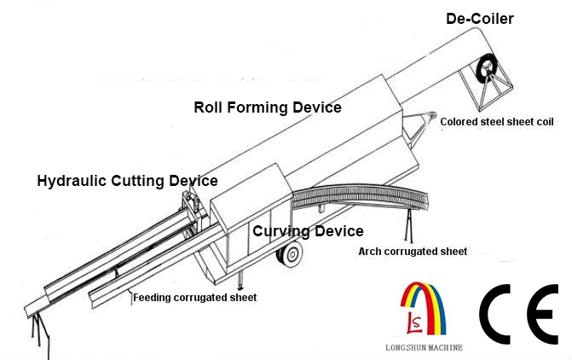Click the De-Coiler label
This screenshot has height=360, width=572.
[x=479, y=18]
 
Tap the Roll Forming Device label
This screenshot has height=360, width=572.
[x=267, y=107]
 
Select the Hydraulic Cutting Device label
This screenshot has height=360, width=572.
[x=126, y=181]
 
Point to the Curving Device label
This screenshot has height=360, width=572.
[x=308, y=231]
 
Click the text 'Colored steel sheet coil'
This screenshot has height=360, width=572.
[x=496, y=122]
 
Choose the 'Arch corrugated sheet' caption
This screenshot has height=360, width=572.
[x=413, y=252]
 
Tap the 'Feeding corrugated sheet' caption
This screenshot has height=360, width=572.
[x=194, y=298]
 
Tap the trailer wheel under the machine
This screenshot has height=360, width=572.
[x=292, y=253]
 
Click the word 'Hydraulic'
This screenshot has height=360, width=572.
[x=71, y=181]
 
